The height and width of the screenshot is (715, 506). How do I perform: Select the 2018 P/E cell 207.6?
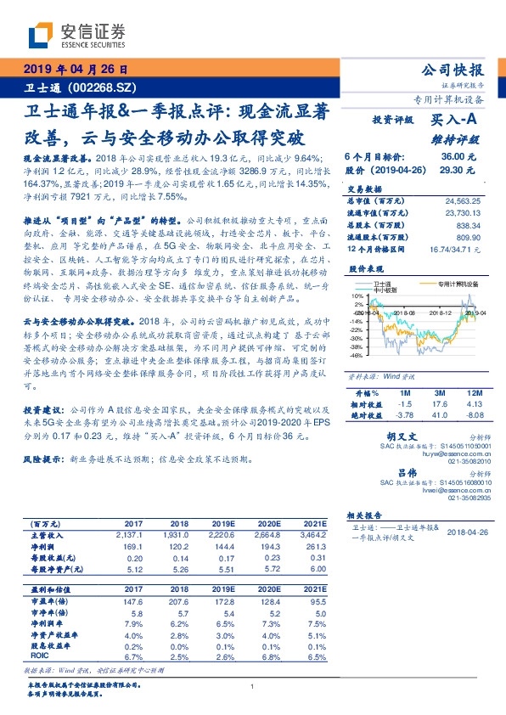[x=177, y=600]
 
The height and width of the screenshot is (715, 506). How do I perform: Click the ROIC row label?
[x=40, y=656]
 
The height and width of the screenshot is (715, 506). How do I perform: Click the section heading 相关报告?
[x=368, y=515]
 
